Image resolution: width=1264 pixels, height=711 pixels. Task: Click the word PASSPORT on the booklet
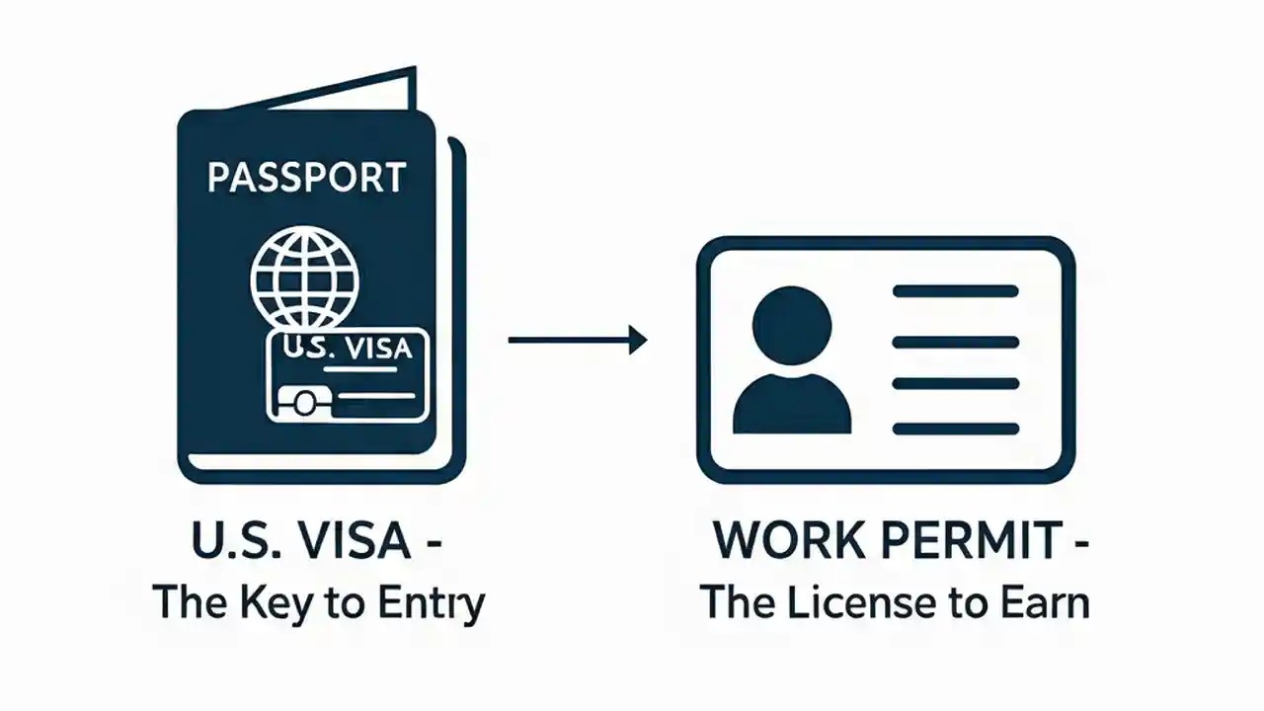pos(306,178)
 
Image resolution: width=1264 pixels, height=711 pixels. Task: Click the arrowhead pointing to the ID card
pos(637,341)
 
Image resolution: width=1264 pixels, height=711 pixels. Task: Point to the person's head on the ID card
pos(791,327)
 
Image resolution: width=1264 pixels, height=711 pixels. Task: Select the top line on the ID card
pos(955,291)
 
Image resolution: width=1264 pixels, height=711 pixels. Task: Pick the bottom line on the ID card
pos(955,429)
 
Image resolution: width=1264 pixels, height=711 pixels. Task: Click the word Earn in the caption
pos(1047,600)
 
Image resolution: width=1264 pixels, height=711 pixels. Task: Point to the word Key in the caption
pos(276,600)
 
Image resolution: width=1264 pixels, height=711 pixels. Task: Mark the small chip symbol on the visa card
pos(302,401)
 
